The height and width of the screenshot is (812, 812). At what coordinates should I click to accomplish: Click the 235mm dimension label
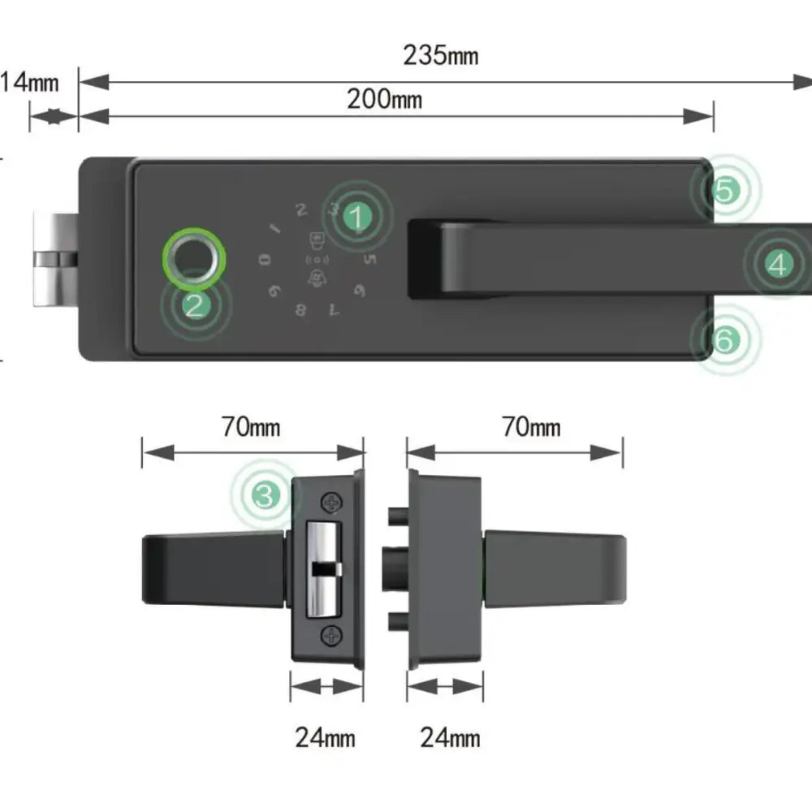tap(440, 56)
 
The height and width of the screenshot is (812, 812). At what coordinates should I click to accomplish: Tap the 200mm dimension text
tap(384, 99)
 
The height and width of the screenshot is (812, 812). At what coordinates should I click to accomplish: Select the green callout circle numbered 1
tap(356, 216)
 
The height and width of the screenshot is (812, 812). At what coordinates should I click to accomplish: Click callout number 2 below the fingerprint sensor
tap(195, 305)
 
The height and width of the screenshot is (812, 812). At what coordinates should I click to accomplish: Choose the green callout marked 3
tap(266, 494)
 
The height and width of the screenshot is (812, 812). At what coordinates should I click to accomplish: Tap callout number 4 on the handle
tap(778, 264)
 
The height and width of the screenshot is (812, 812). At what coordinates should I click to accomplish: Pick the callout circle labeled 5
tap(725, 190)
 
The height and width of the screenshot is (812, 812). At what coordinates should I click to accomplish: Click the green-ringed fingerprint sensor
tap(192, 258)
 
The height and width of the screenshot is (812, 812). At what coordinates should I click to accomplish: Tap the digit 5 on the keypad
tap(370, 260)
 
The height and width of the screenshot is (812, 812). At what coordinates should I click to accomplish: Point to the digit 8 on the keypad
tap(301, 309)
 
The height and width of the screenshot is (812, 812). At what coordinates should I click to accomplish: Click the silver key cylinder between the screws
tap(323, 568)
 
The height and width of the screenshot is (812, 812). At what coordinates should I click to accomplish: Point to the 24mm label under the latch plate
tap(325, 738)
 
